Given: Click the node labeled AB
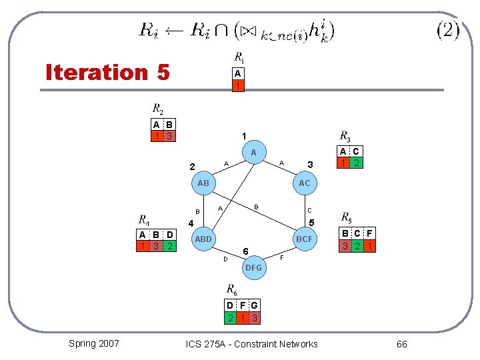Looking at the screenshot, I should pos(203,183).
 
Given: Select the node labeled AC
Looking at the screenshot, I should pos(304,183).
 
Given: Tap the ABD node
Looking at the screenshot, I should pos(203,239).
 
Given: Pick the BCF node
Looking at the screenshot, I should pos(304,239).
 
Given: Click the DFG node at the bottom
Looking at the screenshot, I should pos(253,267).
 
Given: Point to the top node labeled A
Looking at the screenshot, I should pos(253,153).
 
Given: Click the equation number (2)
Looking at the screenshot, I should pos(447,30).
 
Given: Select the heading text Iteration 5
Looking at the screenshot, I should pos(107,71).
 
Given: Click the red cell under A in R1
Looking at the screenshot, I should pos(237,86).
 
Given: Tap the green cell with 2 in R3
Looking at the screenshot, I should pos(357,163).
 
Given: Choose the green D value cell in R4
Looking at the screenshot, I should pos(170,246).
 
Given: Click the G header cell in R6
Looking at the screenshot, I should pos(254,306).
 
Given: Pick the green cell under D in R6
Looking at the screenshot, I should pos(230,318).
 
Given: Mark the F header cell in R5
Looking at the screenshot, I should pos(369,234).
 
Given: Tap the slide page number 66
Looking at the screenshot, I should pos(401,344).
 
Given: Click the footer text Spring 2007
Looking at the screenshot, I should pos(94,343).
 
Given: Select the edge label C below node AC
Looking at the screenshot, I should pos(309,210).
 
